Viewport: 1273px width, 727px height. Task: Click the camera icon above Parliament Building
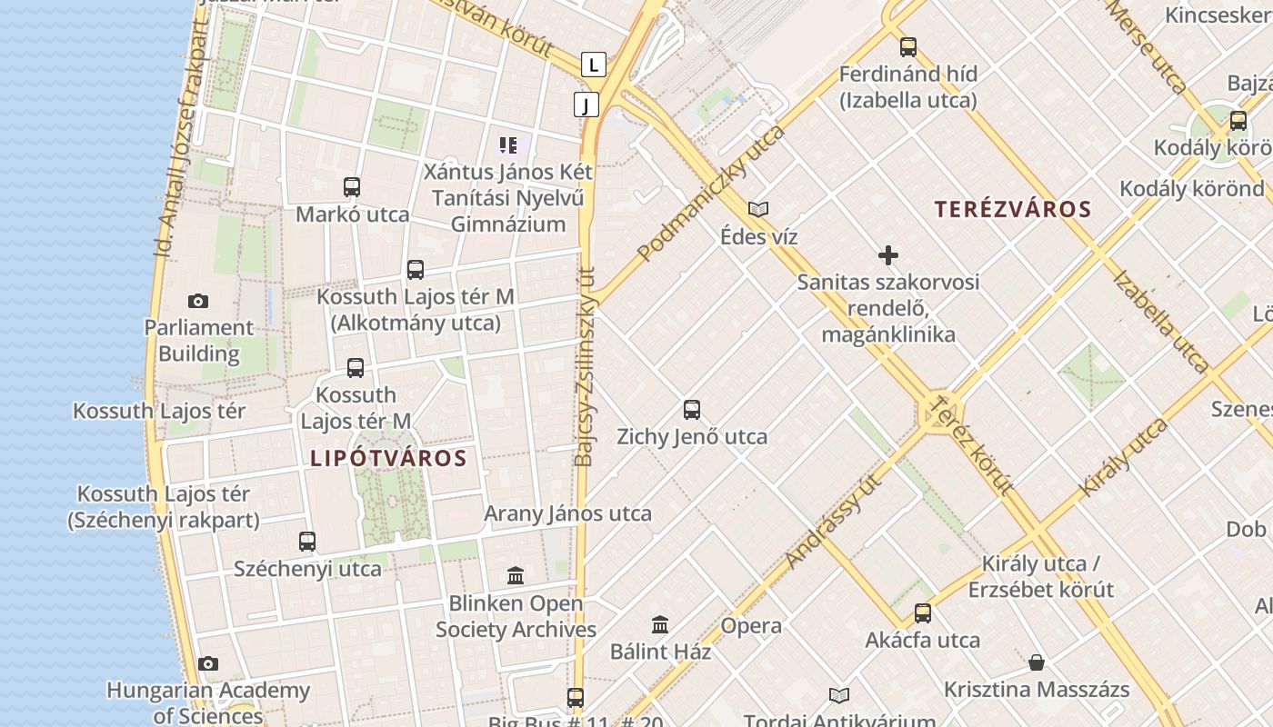coord(197,301)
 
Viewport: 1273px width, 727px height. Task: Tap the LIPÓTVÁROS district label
coord(388,458)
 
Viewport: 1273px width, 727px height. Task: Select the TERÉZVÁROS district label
coord(1012,209)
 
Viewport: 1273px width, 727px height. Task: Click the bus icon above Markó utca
coord(352,187)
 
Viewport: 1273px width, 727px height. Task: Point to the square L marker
coord(593,65)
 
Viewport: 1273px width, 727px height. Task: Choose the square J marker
coord(586,105)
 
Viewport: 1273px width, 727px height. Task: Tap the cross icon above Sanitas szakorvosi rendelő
coord(888,255)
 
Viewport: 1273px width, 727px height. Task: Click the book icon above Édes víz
coord(758,210)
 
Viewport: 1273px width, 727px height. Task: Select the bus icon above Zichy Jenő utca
coord(692,410)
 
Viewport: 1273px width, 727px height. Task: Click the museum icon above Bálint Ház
coord(660,625)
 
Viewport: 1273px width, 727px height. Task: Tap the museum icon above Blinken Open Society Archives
coord(516,576)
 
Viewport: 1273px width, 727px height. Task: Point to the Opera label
coord(751,625)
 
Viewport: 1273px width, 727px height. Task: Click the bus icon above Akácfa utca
coord(923,613)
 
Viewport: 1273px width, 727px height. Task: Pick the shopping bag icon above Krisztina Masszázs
coord(1036,662)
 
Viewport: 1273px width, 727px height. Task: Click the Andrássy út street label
coord(835,522)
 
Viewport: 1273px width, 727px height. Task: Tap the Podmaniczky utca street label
coord(710,194)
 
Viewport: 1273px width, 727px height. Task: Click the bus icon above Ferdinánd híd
coord(907,47)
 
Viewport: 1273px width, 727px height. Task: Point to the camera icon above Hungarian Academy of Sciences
coord(208,664)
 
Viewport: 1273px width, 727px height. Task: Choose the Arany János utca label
coord(567,513)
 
